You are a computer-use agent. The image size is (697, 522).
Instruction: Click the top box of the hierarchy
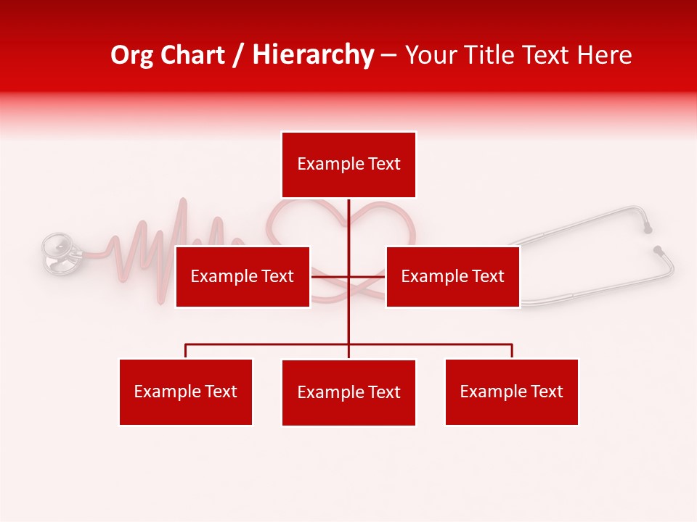348,165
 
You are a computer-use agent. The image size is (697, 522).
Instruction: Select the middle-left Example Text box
242,276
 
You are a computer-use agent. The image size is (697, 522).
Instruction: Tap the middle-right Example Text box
452,276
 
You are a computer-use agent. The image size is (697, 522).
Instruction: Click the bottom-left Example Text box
186,391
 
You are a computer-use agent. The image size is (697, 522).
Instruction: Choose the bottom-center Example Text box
348,392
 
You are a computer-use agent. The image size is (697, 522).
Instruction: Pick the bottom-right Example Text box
511,391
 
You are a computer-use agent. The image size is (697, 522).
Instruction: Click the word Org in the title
133,56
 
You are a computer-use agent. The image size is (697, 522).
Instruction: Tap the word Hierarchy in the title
313,56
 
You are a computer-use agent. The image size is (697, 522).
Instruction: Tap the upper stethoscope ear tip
648,229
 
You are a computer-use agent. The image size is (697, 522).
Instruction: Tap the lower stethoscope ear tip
658,250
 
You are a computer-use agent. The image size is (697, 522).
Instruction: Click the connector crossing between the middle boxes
348,276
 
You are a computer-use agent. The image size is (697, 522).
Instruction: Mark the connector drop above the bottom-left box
186,351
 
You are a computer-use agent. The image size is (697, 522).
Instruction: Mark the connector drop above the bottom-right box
512,351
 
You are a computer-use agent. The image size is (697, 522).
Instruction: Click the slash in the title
238,56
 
